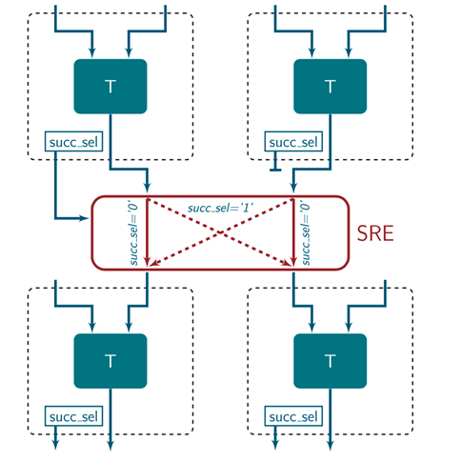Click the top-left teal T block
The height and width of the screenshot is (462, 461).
click(110, 87)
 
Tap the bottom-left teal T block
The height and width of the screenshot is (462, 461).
click(110, 361)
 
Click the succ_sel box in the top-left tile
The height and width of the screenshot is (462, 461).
click(74, 143)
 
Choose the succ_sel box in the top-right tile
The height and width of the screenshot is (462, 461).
click(294, 143)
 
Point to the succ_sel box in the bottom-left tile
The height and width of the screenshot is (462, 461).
click(74, 417)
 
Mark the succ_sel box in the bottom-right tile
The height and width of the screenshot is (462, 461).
click(294, 417)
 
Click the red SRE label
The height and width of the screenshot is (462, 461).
click(377, 233)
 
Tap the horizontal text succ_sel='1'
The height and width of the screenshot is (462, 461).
click(220, 207)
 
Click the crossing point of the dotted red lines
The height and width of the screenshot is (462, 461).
click(220, 233)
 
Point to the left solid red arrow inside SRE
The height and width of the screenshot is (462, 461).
click(148, 233)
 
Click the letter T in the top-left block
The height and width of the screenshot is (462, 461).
click(110, 87)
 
